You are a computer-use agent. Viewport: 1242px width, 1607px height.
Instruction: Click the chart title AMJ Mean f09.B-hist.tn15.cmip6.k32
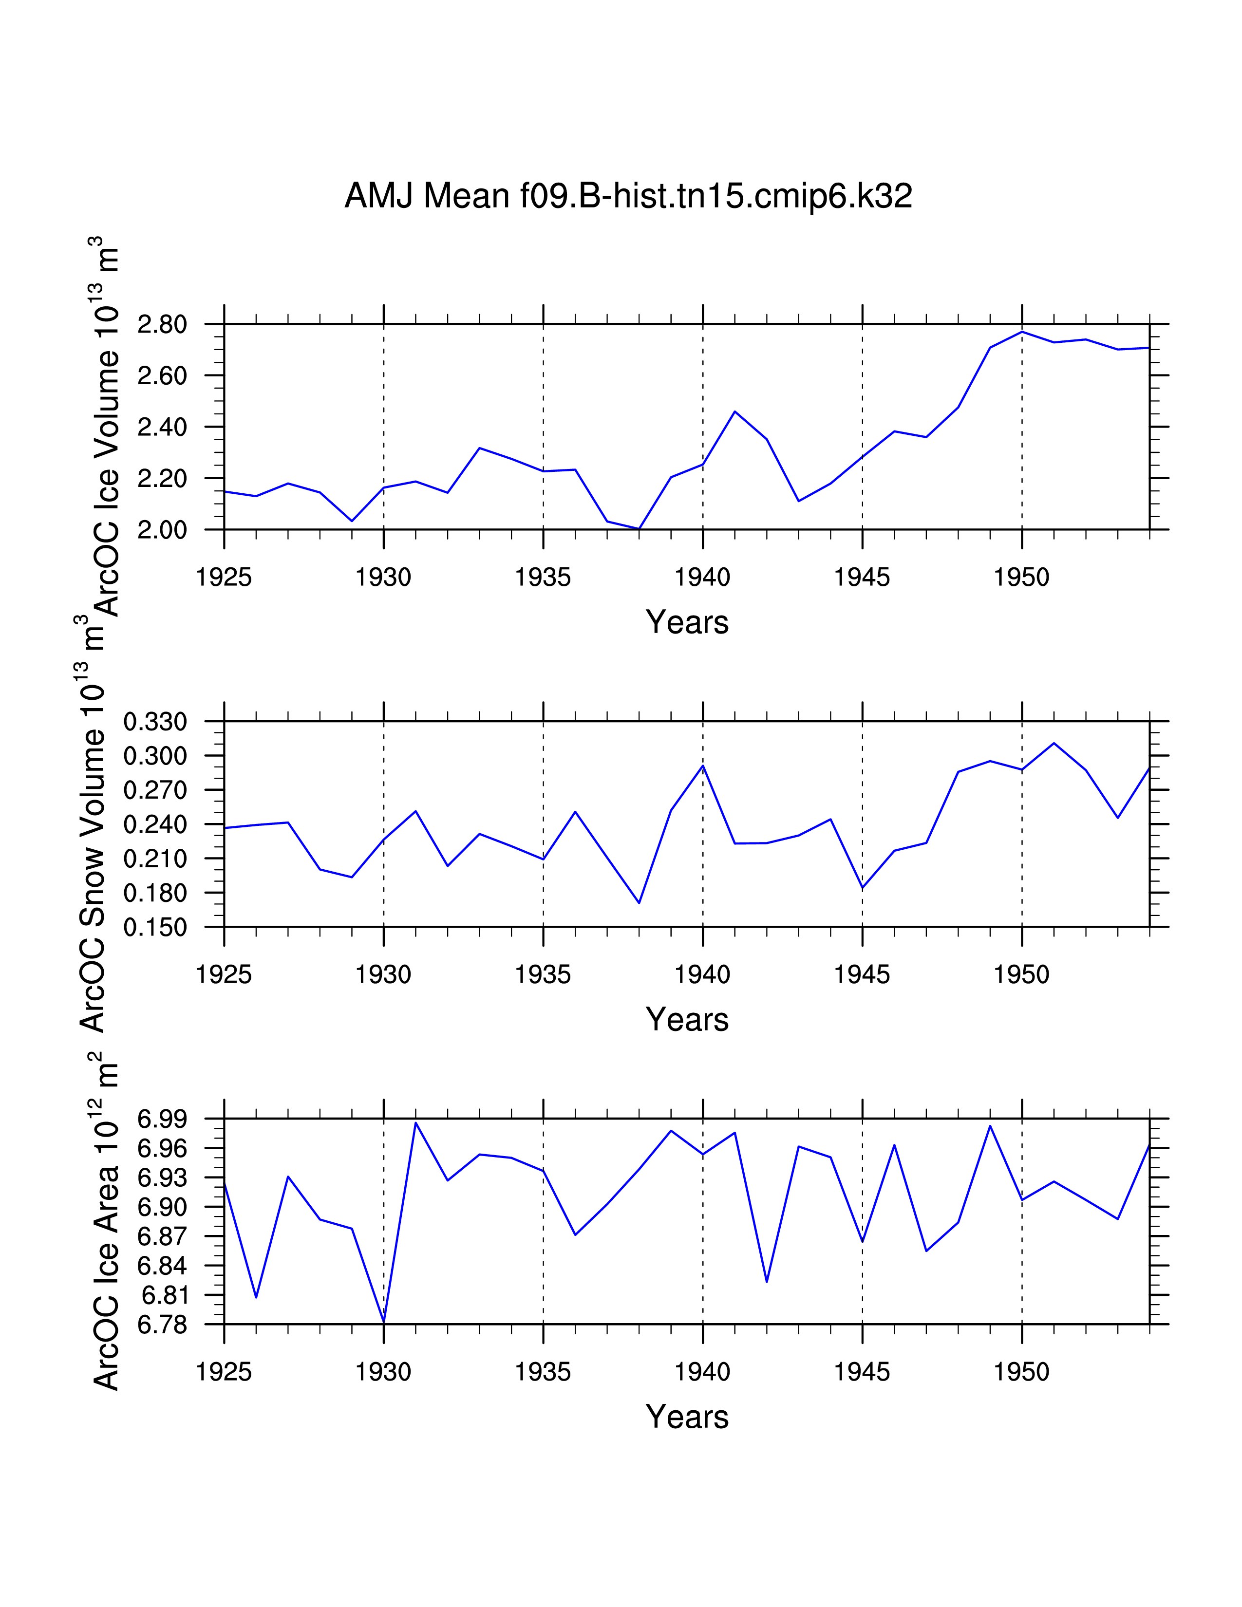628,196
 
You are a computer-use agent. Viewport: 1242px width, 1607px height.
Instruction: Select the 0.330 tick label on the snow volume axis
155,722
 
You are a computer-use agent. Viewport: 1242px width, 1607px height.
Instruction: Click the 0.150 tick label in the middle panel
155,928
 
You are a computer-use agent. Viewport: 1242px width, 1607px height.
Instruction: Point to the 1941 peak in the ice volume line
734,411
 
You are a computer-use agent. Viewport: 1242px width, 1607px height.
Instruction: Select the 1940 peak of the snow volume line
703,766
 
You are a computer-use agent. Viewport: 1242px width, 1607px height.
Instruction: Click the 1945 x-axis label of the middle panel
862,975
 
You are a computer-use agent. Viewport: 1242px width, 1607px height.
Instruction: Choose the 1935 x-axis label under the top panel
543,578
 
